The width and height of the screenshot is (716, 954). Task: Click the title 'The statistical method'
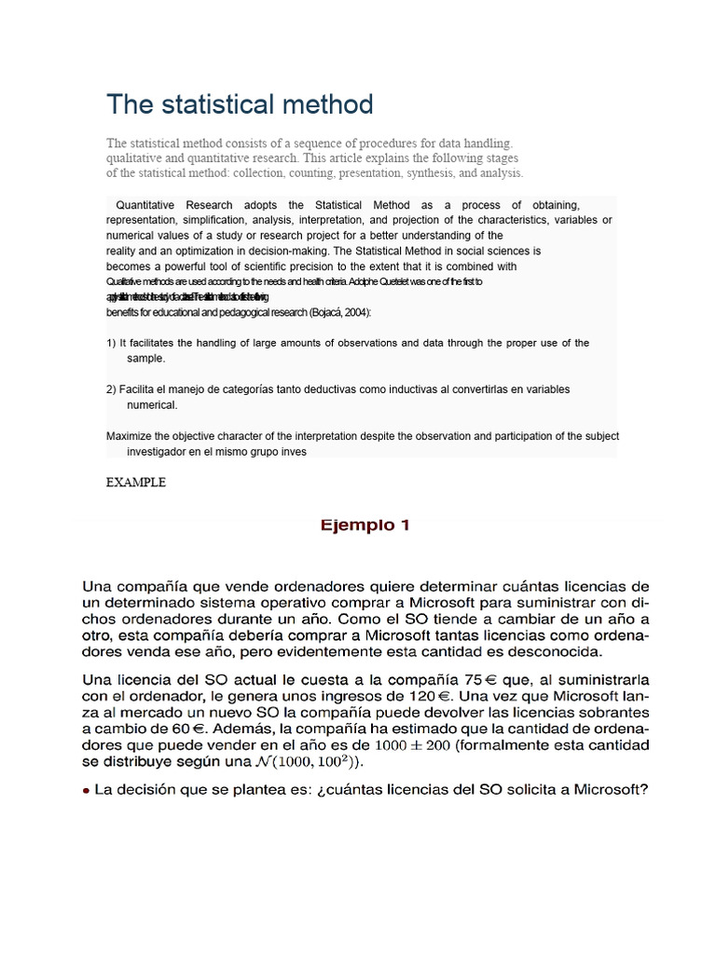click(x=240, y=103)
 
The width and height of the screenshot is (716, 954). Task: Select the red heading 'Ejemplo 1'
click(x=365, y=525)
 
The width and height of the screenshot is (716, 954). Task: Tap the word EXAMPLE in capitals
click(x=136, y=483)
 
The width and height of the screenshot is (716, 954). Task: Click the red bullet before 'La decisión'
click(x=87, y=791)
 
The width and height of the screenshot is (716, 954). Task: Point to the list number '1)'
click(x=111, y=344)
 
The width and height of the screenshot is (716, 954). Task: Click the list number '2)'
click(x=111, y=389)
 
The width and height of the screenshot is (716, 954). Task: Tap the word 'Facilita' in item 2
click(x=139, y=389)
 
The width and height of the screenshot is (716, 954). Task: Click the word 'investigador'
click(x=158, y=452)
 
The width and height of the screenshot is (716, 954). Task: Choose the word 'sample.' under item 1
click(x=146, y=359)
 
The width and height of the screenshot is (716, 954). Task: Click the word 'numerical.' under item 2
click(x=152, y=405)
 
